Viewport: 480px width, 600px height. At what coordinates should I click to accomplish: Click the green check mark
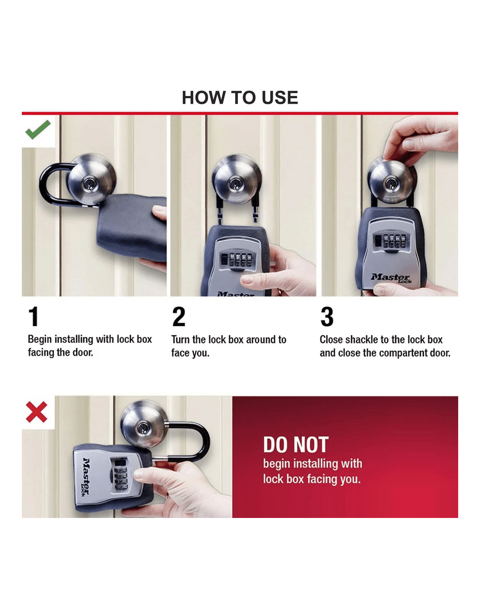coord(38,130)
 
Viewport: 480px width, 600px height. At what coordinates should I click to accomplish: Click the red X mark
coord(37,412)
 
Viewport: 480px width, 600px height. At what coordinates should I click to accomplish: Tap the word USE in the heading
coord(280,98)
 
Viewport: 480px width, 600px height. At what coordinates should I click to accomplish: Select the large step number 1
coord(34,316)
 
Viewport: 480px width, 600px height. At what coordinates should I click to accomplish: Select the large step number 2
coord(178,316)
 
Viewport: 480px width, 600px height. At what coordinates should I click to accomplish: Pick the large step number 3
coord(327,316)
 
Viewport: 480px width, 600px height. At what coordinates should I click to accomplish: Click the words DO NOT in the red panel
coord(296,445)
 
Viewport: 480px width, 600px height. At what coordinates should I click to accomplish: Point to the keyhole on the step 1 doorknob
coord(89,184)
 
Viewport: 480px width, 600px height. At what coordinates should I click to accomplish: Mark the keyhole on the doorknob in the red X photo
coord(144,428)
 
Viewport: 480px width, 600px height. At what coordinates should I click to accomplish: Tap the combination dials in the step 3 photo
coord(392,241)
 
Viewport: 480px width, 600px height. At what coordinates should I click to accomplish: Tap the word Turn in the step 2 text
coord(181,340)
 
